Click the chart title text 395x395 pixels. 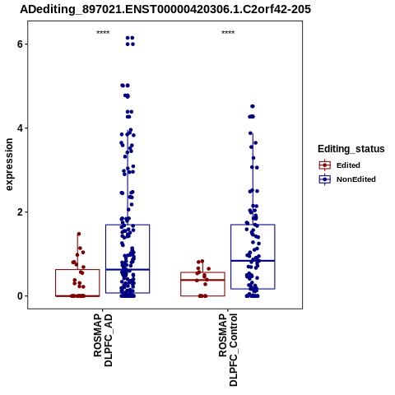click(x=165, y=9)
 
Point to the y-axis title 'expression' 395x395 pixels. click(x=9, y=165)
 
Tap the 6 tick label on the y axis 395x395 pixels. click(x=20, y=44)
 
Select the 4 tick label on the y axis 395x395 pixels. click(x=20, y=128)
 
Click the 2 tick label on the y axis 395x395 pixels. click(x=20, y=212)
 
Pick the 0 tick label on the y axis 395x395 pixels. click(x=20, y=296)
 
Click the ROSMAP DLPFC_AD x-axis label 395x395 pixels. click(x=103, y=340)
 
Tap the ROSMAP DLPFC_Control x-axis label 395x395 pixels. click(x=228, y=350)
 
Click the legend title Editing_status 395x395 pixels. click(x=351, y=149)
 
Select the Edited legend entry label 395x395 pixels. click(x=348, y=165)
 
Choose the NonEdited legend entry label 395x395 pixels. click(x=356, y=179)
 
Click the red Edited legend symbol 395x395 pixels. click(x=325, y=165)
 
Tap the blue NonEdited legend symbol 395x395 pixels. click(x=325, y=179)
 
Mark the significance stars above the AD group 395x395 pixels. click(x=103, y=32)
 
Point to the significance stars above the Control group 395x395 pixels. click(x=228, y=32)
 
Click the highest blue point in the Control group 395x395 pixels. click(x=253, y=106)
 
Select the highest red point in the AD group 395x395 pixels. click(x=79, y=234)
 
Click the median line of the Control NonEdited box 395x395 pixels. click(x=253, y=261)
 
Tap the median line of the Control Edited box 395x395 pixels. click(x=202, y=280)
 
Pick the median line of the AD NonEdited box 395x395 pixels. click(x=128, y=270)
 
